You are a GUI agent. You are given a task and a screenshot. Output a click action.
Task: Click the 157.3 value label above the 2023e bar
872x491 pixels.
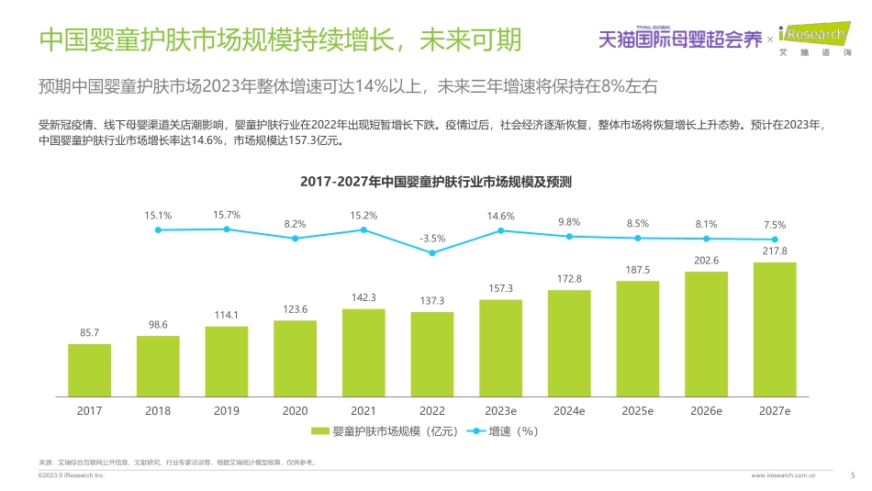501,289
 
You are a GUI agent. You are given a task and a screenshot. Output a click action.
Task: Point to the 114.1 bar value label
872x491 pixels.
226,315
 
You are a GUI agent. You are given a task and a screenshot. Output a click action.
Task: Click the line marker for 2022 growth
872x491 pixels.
432,252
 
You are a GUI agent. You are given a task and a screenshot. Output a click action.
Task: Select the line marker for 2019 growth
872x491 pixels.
227,229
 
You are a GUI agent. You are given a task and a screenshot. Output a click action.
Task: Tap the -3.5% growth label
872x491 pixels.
432,238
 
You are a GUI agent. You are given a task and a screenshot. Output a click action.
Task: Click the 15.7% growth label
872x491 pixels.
227,215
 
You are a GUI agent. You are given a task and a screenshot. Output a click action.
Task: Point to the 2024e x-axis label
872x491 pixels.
569,411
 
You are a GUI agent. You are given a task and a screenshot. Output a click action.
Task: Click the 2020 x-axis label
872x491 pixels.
295,411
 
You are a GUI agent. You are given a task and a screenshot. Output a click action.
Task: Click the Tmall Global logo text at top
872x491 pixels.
680,39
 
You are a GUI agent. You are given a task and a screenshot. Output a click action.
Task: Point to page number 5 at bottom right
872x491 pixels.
853,475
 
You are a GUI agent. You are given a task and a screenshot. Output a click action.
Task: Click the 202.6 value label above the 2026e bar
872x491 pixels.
706,260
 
